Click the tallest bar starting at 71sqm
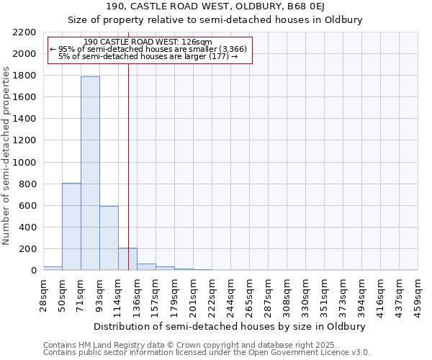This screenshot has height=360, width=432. (x=90, y=173)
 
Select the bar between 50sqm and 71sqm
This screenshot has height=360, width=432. (x=71, y=227)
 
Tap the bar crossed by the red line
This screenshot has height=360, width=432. (x=127, y=259)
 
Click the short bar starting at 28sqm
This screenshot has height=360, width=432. (x=53, y=268)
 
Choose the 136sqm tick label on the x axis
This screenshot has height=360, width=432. (x=138, y=294)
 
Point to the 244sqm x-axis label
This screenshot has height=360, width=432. (x=231, y=294)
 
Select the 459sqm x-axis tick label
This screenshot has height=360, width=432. (x=418, y=294)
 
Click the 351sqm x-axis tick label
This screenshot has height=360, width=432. (x=325, y=294)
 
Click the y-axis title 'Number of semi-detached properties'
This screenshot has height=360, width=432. (x=7, y=156)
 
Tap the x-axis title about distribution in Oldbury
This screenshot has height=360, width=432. (x=230, y=326)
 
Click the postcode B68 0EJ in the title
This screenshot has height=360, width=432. (x=307, y=6)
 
